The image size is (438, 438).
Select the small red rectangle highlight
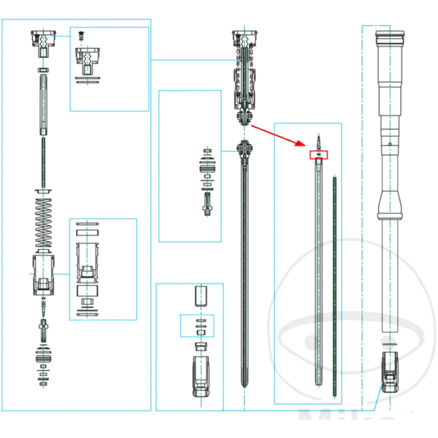[318, 155]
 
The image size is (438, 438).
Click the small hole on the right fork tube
[389, 144]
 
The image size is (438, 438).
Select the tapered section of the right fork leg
[389, 204]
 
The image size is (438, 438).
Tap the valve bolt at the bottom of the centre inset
[208, 204]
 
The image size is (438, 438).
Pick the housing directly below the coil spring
[43, 274]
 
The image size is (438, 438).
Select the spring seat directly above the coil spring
[43, 191]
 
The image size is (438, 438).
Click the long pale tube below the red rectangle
[318, 272]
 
